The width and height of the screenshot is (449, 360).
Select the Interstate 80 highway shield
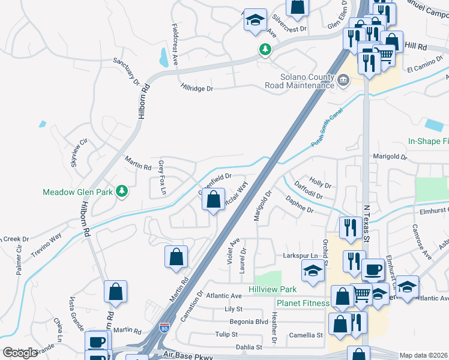pyautogui.click(x=164, y=328)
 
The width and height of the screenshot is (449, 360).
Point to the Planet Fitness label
pyautogui.click(x=303, y=303)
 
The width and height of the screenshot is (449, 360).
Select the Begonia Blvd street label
pyautogui.click(x=245, y=322)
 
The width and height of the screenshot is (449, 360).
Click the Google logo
pyautogui.click(x=20, y=353)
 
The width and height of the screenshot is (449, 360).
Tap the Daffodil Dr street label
pyautogui.click(x=308, y=196)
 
